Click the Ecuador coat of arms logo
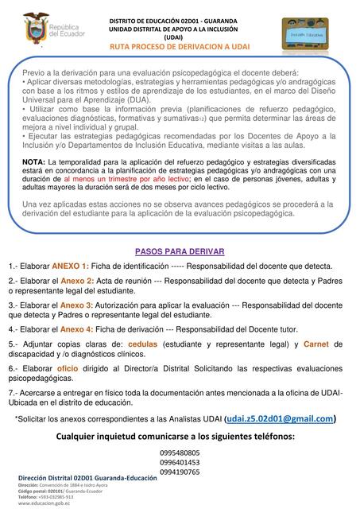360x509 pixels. pos(36,26)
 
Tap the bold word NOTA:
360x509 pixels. pos(34,161)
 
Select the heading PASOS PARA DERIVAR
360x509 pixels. pos(179,251)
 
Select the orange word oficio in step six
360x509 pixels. pos(68,369)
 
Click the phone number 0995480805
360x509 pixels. pos(180,451)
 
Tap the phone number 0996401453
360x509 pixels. pos(180,461)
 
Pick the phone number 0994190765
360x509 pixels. pos(180,472)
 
